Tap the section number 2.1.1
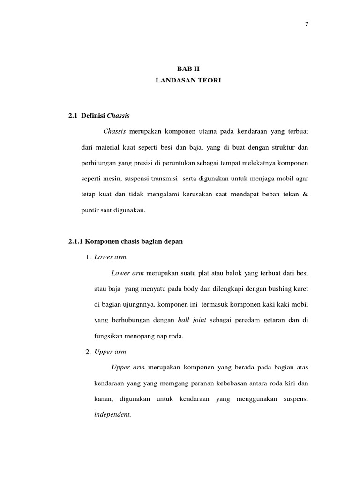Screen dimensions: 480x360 76,241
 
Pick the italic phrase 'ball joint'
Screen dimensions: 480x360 191,320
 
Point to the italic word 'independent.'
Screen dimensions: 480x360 113,415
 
